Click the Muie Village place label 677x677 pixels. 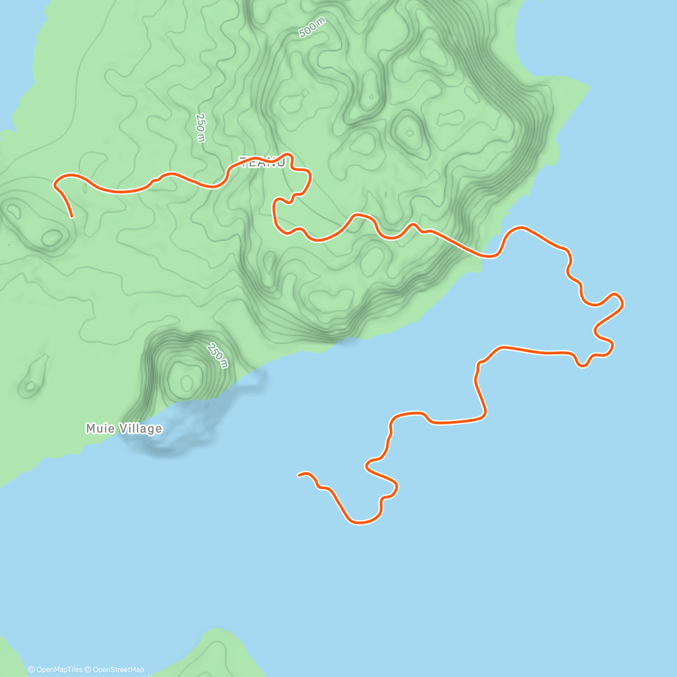tap(124, 429)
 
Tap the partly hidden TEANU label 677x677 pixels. tap(262, 163)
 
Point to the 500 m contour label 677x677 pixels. tap(312, 28)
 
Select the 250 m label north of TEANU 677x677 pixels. tap(200, 128)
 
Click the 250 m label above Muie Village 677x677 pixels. tap(217, 355)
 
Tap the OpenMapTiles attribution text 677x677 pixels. tap(55, 670)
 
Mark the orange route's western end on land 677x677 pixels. tap(72, 216)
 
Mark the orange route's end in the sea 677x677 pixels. tap(299, 475)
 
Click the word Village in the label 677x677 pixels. tap(139, 429)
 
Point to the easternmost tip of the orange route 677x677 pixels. tap(623, 304)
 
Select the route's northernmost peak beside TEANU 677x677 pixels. tap(288, 154)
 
